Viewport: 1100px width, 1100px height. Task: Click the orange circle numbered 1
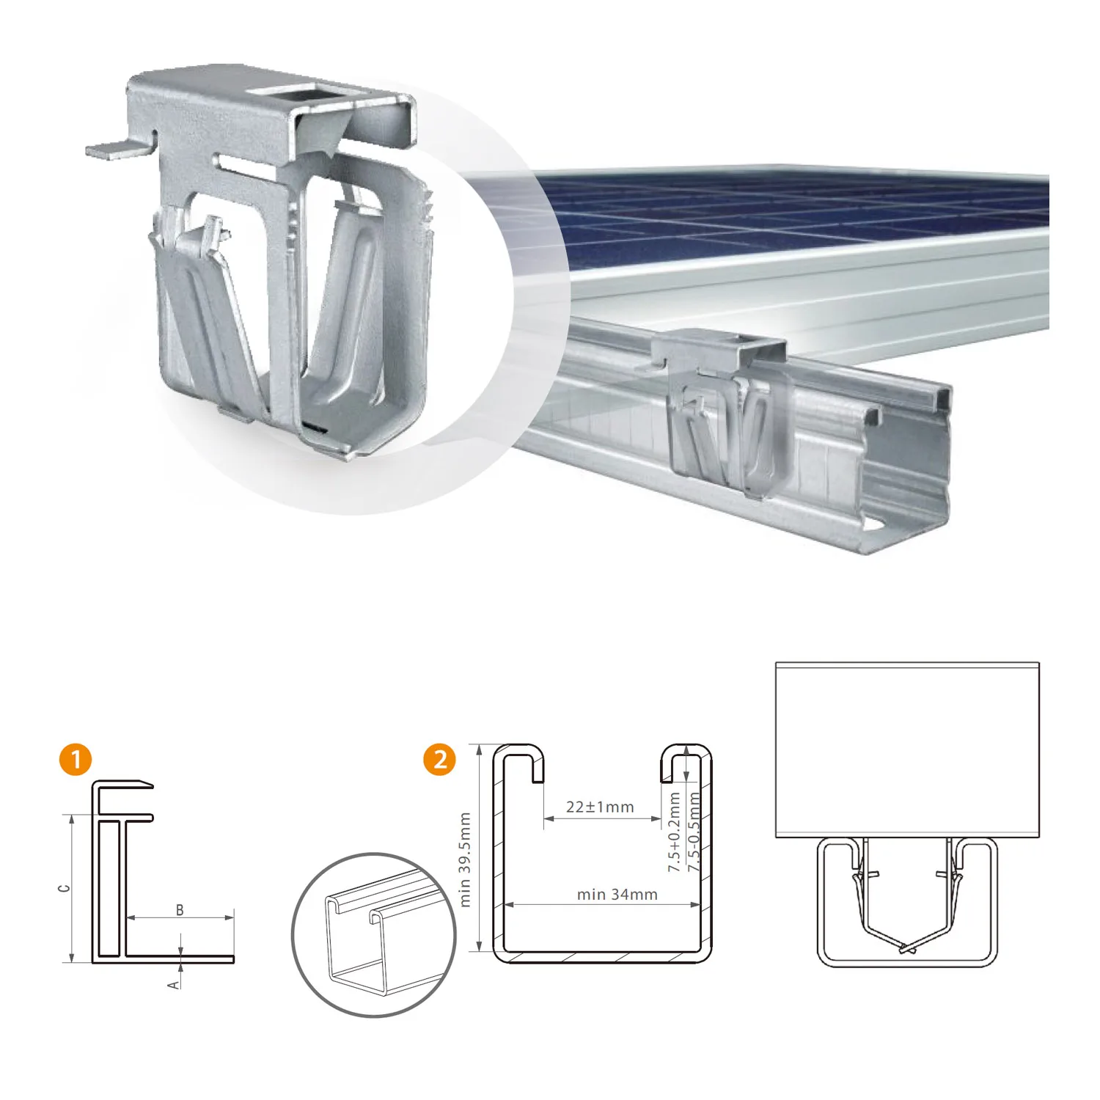click(x=76, y=759)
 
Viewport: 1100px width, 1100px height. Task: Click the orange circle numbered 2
click(x=440, y=759)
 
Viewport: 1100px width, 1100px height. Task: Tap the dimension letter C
click(x=65, y=888)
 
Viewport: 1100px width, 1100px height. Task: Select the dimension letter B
click(x=180, y=910)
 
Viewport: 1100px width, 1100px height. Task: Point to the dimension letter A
click(x=174, y=984)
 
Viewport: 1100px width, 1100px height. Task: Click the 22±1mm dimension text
click(x=600, y=807)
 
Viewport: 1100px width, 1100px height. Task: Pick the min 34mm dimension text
click(x=617, y=895)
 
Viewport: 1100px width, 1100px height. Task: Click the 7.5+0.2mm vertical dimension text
click(x=674, y=832)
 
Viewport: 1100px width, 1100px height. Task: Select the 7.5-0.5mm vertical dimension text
click(x=694, y=832)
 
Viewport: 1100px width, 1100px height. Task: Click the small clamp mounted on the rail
click(x=726, y=411)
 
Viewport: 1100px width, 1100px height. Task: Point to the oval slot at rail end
click(x=874, y=526)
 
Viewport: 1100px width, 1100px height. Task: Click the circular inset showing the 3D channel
click(x=374, y=935)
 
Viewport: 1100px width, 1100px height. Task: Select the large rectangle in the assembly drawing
click(x=907, y=749)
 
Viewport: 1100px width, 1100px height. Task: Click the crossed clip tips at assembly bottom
click(x=908, y=948)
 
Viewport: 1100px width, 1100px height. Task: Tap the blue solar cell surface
click(x=770, y=213)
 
